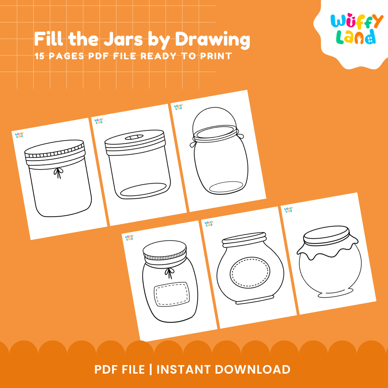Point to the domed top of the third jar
(215, 119)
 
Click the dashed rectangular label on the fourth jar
(171, 294)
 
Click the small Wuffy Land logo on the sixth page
(288, 209)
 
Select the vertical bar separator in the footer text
(151, 369)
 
